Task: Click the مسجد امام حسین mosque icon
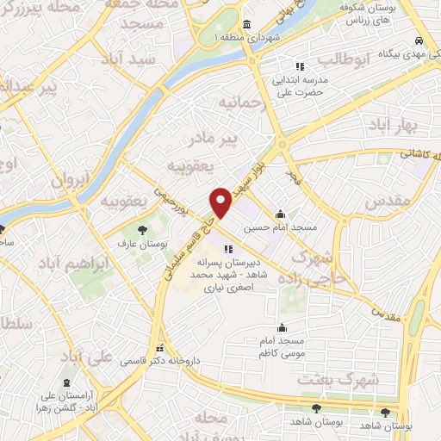coord(279,214)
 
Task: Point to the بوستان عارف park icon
coord(143,229)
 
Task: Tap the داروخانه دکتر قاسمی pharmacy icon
coord(158,349)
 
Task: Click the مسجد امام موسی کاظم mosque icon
coord(283,327)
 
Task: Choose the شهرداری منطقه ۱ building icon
coord(246,24)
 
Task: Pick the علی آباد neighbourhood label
coord(114,355)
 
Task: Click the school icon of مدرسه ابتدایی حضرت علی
coord(300,65)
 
